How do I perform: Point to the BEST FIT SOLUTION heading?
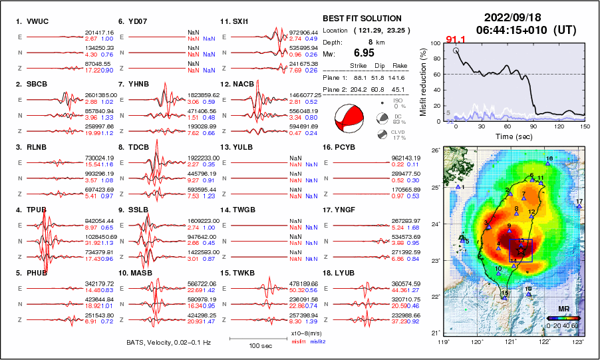point(362,19)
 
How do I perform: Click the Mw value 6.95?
point(364,53)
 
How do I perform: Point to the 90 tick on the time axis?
point(534,126)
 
